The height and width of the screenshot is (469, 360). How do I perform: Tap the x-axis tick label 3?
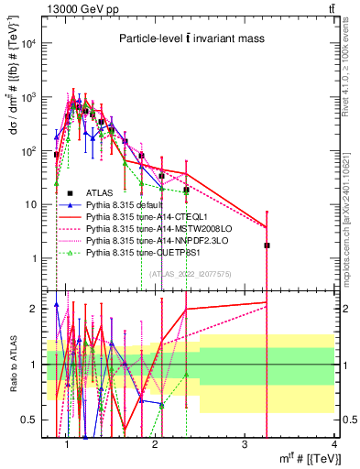[x=245, y=444]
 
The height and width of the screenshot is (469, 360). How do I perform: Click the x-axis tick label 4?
[x=333, y=444]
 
